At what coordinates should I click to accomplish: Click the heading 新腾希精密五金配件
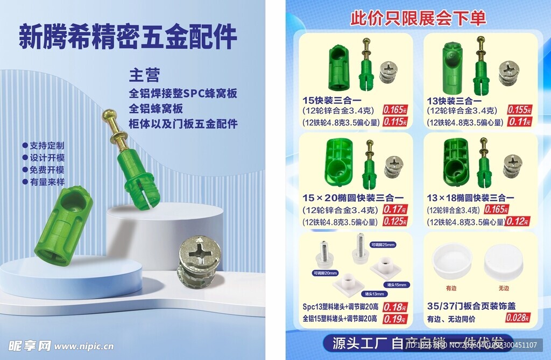point(128,38)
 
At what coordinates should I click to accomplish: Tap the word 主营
point(144,75)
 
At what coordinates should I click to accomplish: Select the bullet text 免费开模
point(46,170)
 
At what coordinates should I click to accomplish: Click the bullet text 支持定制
point(46,145)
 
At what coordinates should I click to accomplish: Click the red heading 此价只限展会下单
point(418,18)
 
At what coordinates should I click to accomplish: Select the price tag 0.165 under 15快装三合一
point(395,110)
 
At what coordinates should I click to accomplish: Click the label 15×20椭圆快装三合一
point(353,198)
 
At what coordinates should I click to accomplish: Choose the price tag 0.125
point(395,221)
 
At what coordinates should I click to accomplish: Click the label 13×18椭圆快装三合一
point(470,198)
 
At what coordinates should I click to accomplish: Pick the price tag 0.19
point(395,319)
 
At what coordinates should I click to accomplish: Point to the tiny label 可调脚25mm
point(383,244)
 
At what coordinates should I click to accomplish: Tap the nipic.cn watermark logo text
point(59,347)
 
